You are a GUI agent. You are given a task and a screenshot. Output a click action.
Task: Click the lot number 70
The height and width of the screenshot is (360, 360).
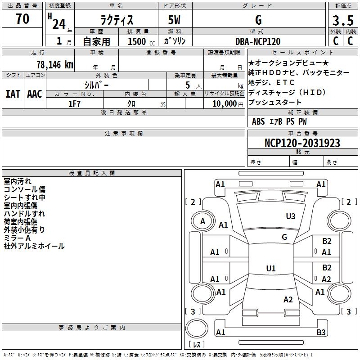click(22, 19)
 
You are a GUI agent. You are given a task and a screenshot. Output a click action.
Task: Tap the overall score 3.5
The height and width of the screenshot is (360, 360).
click(342, 20)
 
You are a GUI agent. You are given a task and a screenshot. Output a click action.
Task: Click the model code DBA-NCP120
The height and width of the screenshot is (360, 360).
click(258, 41)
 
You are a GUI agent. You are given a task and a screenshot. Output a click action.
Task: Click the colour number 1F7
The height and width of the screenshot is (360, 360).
click(74, 103)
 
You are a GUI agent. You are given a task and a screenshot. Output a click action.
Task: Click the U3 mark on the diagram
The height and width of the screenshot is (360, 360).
click(291, 216)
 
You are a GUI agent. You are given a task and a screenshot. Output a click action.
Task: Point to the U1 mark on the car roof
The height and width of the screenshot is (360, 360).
click(270, 269)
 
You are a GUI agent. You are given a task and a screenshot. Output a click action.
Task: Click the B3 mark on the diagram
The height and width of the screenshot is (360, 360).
click(321, 333)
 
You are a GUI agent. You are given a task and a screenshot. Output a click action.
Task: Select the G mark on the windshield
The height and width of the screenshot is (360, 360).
click(284, 237)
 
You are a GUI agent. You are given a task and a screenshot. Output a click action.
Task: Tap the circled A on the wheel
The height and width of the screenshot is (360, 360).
click(202, 221)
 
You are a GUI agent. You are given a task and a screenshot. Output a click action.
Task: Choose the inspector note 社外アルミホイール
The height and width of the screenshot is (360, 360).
click(34, 246)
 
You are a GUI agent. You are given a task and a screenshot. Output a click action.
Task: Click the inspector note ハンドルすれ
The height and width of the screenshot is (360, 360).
click(24, 214)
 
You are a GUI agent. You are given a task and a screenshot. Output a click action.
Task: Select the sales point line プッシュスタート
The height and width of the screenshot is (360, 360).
click(275, 103)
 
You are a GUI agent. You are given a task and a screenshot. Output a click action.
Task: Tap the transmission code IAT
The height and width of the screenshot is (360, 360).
click(12, 94)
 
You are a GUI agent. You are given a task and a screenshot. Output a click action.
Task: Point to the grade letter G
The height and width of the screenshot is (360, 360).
click(258, 20)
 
